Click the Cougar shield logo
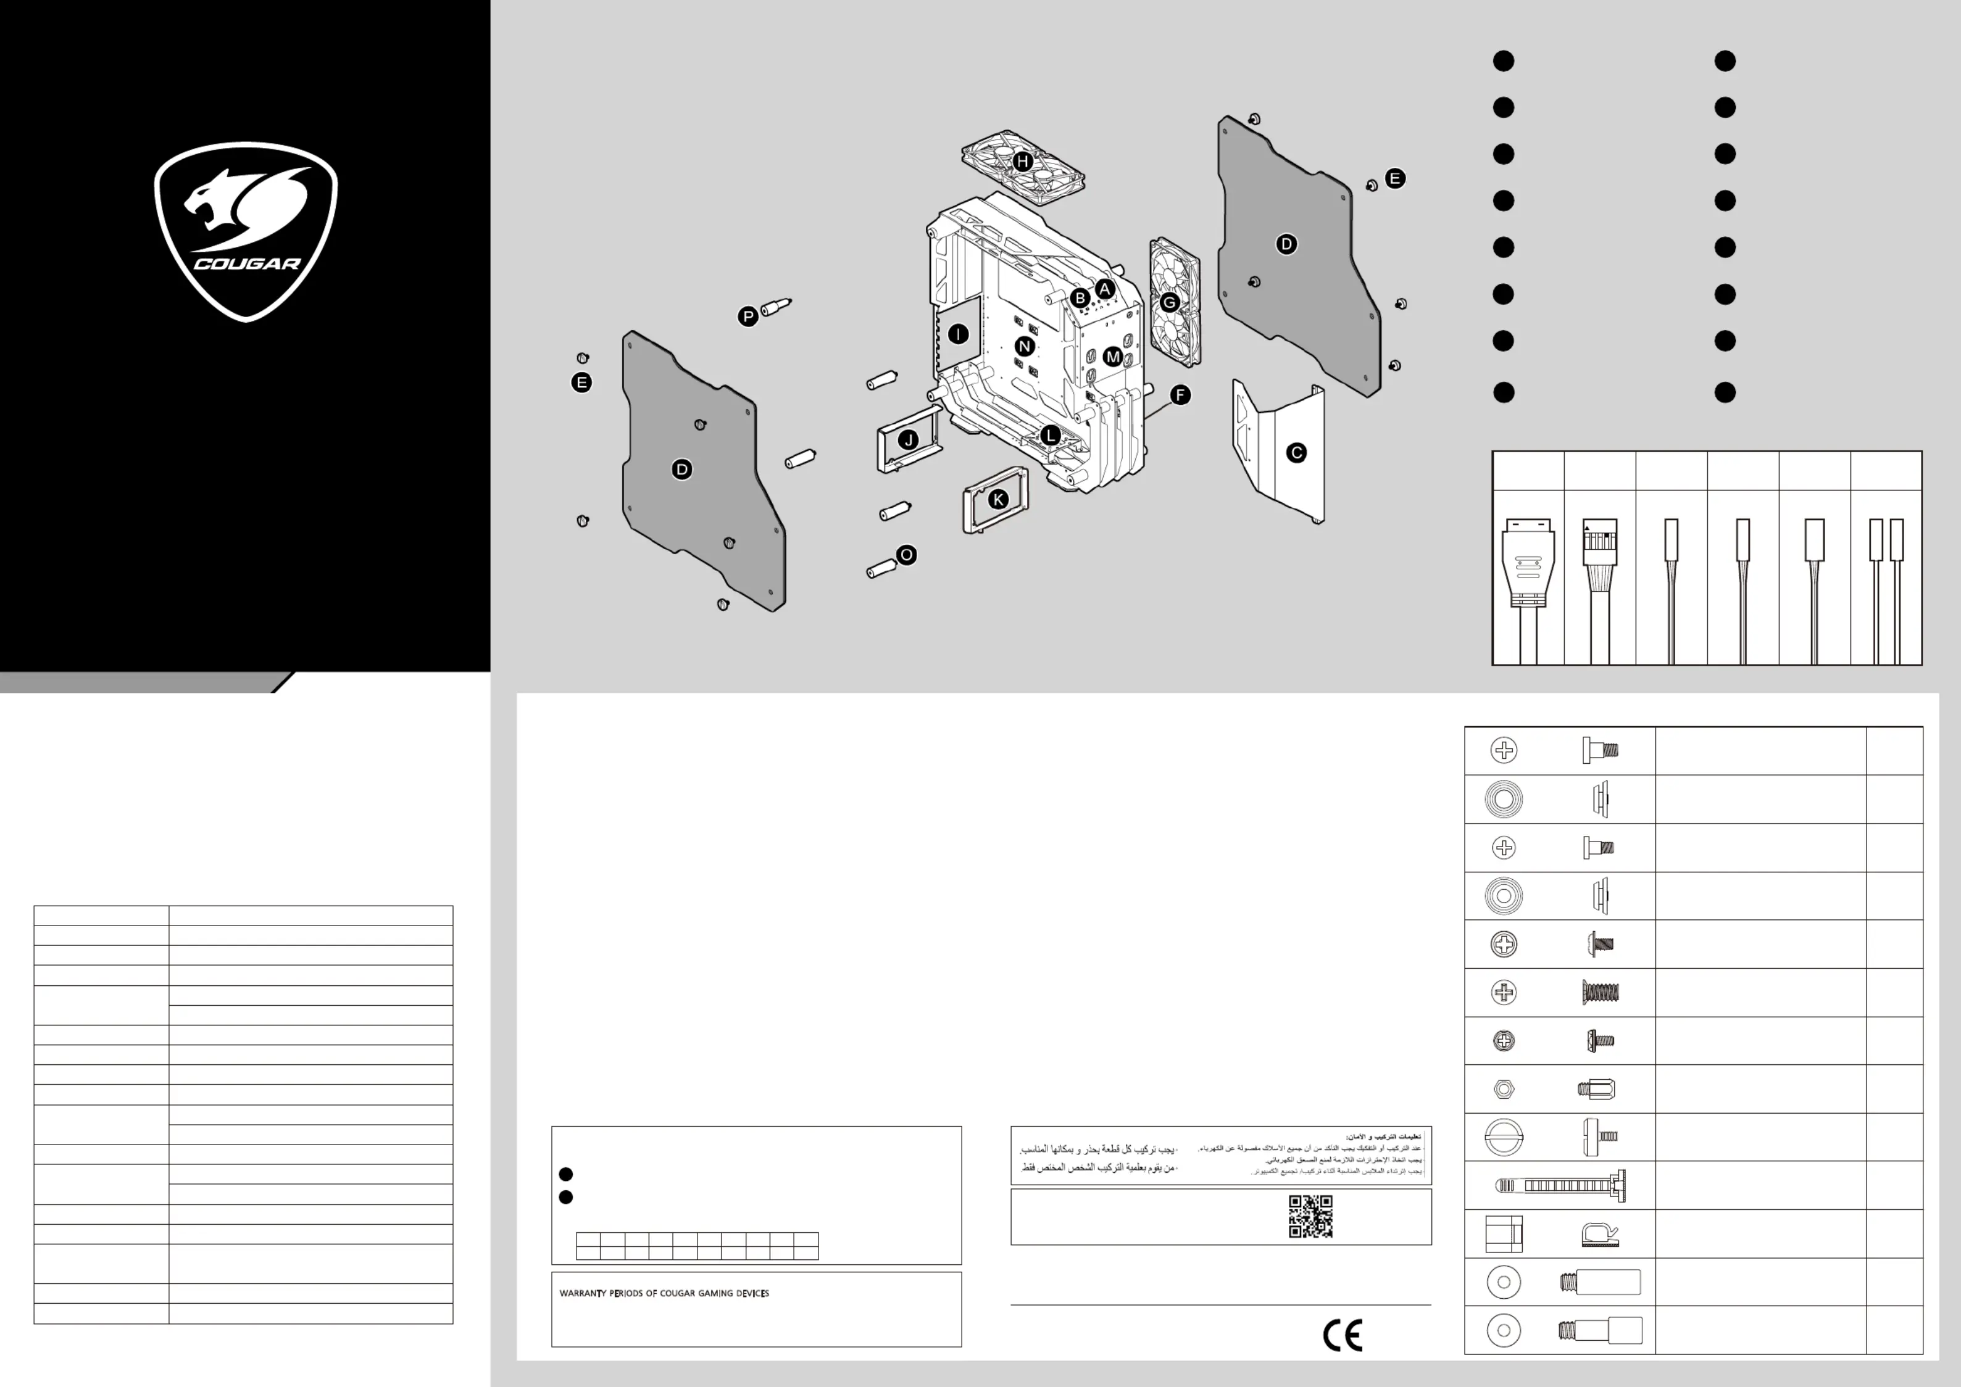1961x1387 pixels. click(x=246, y=231)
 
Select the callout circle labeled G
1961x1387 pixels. click(x=1169, y=302)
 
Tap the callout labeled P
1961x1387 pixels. click(x=747, y=317)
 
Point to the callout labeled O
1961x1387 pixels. click(x=907, y=555)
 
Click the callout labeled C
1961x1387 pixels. click(x=1296, y=453)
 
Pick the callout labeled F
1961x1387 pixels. click(x=1180, y=395)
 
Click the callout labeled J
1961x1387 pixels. click(x=909, y=441)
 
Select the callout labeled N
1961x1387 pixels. click(x=1025, y=346)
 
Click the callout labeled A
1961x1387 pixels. click(x=1105, y=289)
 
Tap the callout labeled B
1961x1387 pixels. click(x=1080, y=298)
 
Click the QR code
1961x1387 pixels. click(x=1310, y=1216)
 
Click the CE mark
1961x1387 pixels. click(x=1343, y=1336)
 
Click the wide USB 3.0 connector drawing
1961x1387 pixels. click(x=1528, y=564)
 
